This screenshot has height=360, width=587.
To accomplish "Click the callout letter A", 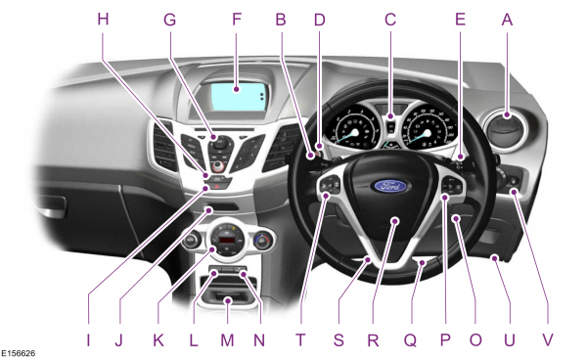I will click(x=507, y=19).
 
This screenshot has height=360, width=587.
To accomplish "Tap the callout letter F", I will click(x=237, y=19).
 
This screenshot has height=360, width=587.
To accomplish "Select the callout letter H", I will click(x=103, y=19).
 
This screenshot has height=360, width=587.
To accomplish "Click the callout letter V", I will click(x=548, y=340).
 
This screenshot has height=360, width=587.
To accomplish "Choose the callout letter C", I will click(x=390, y=19).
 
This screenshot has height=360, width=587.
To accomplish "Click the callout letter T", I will click(x=300, y=340).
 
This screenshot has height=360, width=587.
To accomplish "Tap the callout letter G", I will click(x=169, y=19).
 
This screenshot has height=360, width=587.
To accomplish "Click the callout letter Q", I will click(x=410, y=340).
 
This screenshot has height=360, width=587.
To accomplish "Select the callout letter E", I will click(x=460, y=19).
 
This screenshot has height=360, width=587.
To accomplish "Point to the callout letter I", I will click(x=89, y=340).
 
